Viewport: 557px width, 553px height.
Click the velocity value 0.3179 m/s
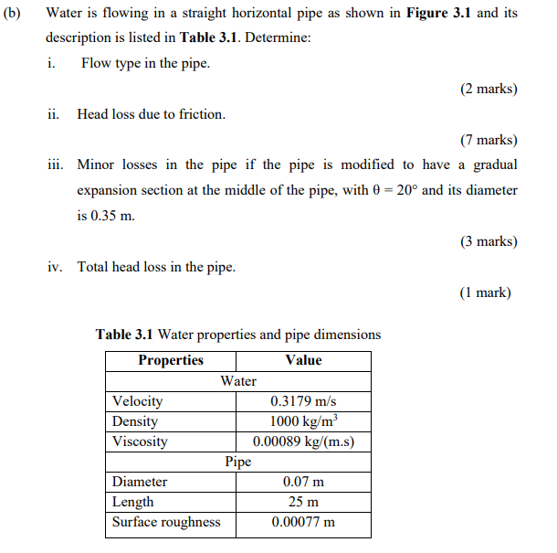click(303, 401)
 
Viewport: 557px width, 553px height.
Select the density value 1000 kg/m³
click(303, 421)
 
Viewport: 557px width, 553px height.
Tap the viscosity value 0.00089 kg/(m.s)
click(303, 441)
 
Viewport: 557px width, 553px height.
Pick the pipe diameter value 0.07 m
click(303, 482)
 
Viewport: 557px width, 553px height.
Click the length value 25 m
click(303, 502)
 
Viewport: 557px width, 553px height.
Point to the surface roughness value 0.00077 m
click(303, 522)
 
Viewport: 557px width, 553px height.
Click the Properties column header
click(171, 360)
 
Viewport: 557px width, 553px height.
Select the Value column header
click(303, 360)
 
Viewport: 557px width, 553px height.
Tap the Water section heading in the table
click(238, 380)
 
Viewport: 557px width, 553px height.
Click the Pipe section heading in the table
click(238, 462)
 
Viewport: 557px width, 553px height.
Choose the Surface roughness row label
click(166, 522)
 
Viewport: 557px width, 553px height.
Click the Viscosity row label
click(140, 441)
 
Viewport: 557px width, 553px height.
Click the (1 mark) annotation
click(486, 292)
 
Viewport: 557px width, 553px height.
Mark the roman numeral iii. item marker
click(57, 165)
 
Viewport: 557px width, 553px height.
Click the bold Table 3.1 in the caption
click(125, 335)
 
